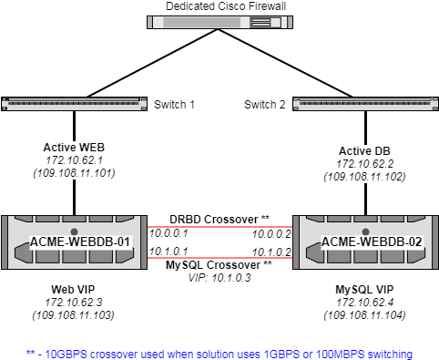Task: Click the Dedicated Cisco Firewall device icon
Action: (x=219, y=23)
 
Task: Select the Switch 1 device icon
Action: (x=74, y=104)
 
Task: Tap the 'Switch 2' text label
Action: (x=264, y=105)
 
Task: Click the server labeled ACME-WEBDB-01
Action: (x=74, y=242)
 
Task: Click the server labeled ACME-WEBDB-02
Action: (x=364, y=242)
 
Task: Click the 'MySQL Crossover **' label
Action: (x=219, y=264)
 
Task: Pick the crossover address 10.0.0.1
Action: (x=168, y=233)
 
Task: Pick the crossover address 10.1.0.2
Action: (x=271, y=251)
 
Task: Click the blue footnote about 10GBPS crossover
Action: (x=219, y=353)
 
